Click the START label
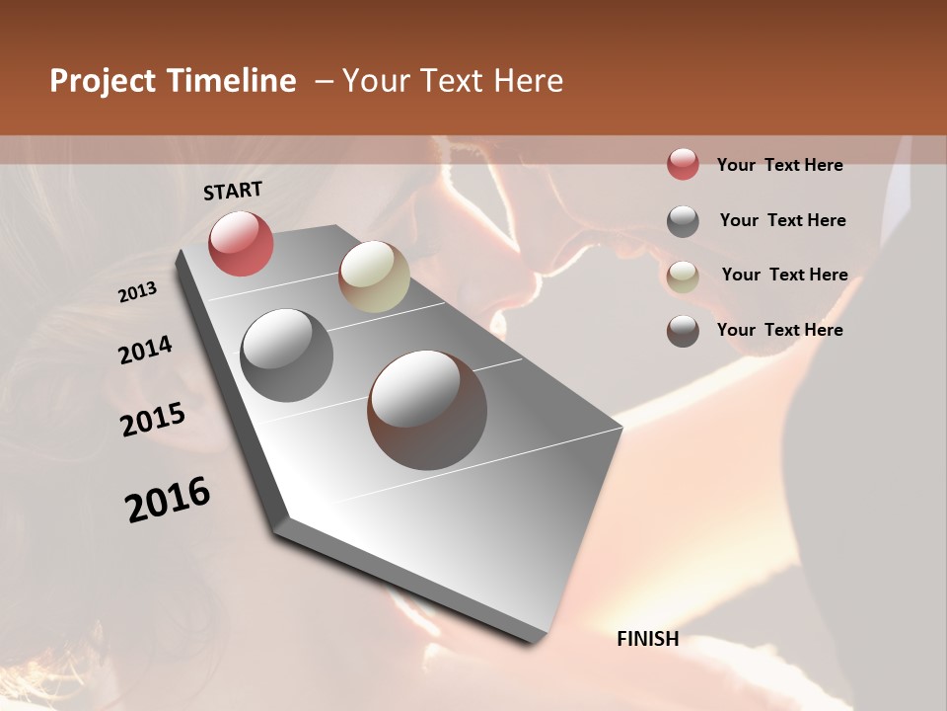click(x=233, y=191)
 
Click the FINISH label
click(x=647, y=639)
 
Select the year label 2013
click(x=138, y=292)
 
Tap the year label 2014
click(x=145, y=350)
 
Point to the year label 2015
click(x=153, y=420)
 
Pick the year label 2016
click(x=168, y=500)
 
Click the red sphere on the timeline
click(x=241, y=243)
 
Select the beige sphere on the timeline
click(x=374, y=276)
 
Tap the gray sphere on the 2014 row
click(x=286, y=355)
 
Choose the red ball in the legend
click(x=683, y=164)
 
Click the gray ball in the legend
click(x=683, y=220)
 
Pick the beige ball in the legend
click(x=683, y=276)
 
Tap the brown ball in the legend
click(x=683, y=330)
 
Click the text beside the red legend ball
click(x=779, y=165)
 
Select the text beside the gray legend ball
click(x=782, y=220)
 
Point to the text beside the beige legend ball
click(x=784, y=275)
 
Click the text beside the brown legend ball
click(x=779, y=330)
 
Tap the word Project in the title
click(x=102, y=81)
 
